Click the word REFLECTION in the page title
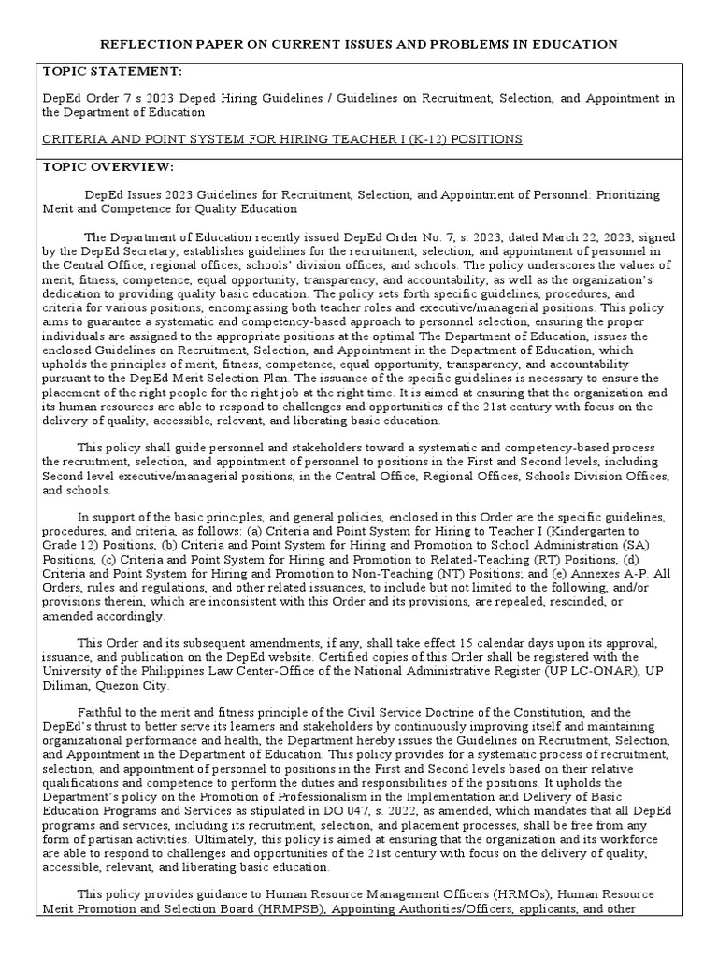point(147,44)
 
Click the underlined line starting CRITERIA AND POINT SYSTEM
point(281,139)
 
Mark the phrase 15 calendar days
point(411,644)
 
